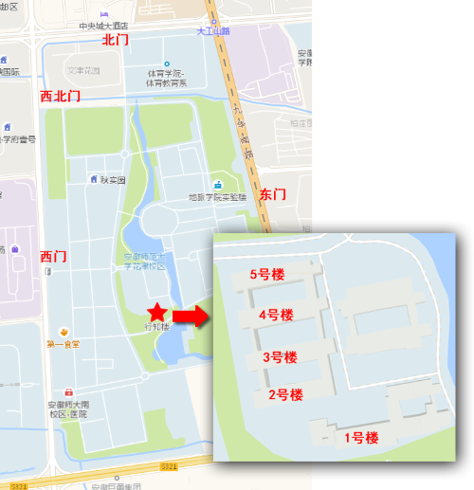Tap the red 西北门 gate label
pyautogui.click(x=60, y=97)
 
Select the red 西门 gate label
pyautogui.click(x=54, y=256)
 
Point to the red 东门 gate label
pyautogui.click(x=272, y=193)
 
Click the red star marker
pyautogui.click(x=155, y=312)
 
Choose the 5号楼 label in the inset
pyautogui.click(x=266, y=275)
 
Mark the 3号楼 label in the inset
pyautogui.click(x=280, y=357)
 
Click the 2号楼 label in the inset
pyautogui.click(x=284, y=394)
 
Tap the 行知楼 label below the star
pyautogui.click(x=155, y=327)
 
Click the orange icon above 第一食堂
pyautogui.click(x=63, y=332)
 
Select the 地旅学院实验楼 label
pyautogui.click(x=217, y=197)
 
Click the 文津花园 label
pyautogui.click(x=82, y=70)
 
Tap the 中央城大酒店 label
pyautogui.click(x=103, y=26)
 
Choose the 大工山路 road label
pyautogui.click(x=213, y=31)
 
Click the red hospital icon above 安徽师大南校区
pyautogui.click(x=68, y=392)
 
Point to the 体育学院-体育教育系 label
pyautogui.click(x=166, y=79)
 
